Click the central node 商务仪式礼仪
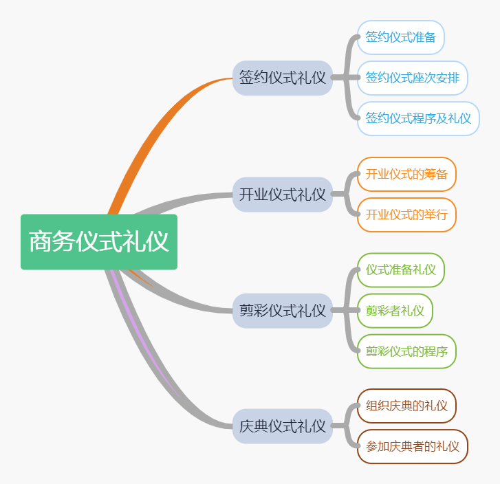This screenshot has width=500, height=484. click(99, 242)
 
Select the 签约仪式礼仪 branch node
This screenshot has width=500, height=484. click(283, 78)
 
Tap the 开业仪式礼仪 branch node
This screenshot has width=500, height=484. click(283, 195)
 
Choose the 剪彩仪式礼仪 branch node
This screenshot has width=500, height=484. click(283, 311)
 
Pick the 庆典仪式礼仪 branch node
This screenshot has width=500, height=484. click(283, 426)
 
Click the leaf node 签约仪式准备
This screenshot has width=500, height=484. click(401, 37)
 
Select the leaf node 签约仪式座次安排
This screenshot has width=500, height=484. click(413, 78)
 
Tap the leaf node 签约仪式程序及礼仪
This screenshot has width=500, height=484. click(418, 118)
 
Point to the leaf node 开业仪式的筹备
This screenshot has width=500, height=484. click(406, 174)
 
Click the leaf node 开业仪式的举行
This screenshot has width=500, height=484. click(406, 214)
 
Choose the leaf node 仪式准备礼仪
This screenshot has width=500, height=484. click(401, 269)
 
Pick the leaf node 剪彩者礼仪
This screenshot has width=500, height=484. click(395, 311)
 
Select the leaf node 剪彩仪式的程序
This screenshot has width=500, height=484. click(406, 351)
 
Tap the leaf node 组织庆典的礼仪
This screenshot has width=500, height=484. click(406, 406)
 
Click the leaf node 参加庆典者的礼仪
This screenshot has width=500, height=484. click(413, 446)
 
